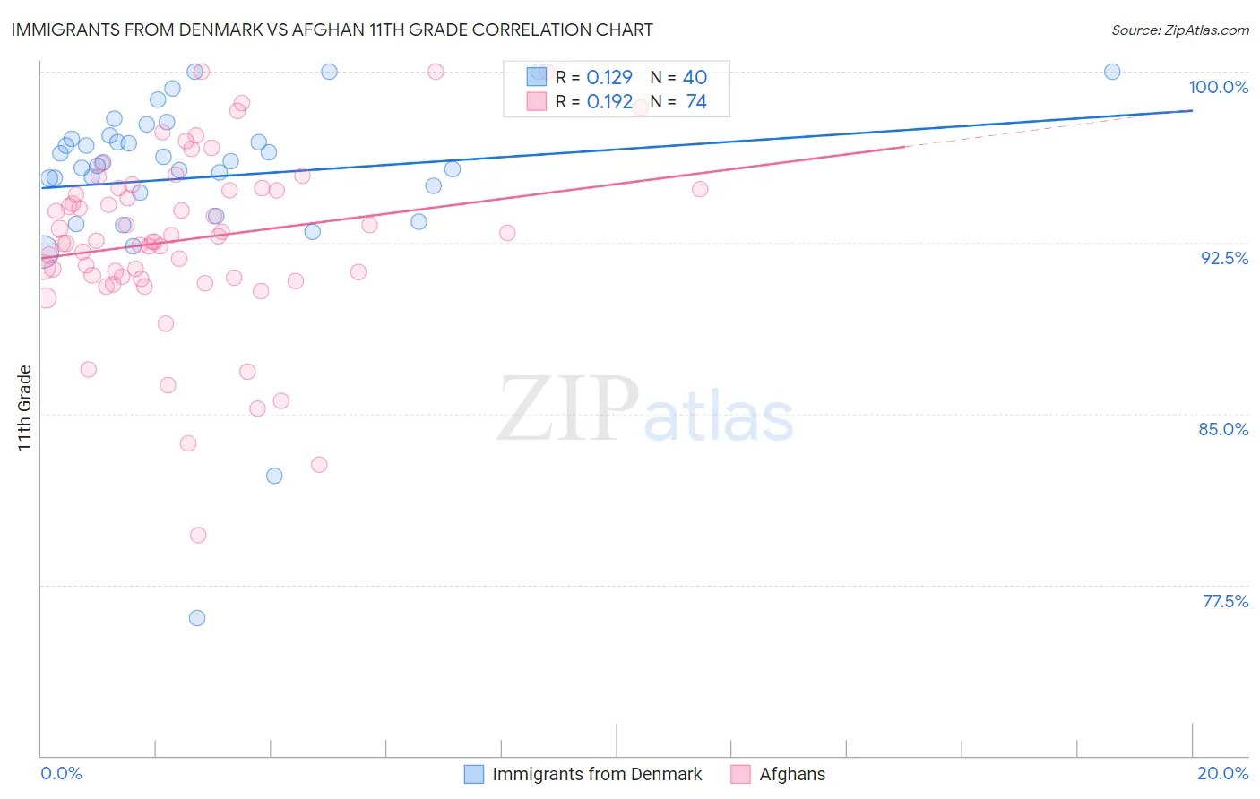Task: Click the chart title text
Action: tap(332, 30)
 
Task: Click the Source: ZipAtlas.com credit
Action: tap(1179, 30)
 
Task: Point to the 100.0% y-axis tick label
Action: tap(1218, 87)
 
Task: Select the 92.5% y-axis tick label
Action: tap(1224, 258)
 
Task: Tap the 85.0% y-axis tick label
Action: tap(1223, 429)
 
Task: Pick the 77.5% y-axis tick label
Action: tap(1225, 601)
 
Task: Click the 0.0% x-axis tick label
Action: tap(61, 773)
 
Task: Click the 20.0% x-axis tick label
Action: tap(1222, 773)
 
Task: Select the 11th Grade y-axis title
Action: tap(25, 408)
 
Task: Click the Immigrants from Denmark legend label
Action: tap(597, 774)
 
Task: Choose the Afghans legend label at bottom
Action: tap(792, 774)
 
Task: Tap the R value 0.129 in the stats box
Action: tap(609, 78)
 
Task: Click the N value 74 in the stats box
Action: tap(696, 102)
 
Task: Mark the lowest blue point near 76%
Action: tap(197, 618)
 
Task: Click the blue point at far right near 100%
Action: tap(1112, 72)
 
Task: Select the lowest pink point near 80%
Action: tap(198, 536)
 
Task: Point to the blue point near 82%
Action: tap(274, 476)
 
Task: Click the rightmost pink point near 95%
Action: tap(700, 189)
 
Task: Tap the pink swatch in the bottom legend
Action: tap(740, 774)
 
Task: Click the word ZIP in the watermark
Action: tap(568, 409)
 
